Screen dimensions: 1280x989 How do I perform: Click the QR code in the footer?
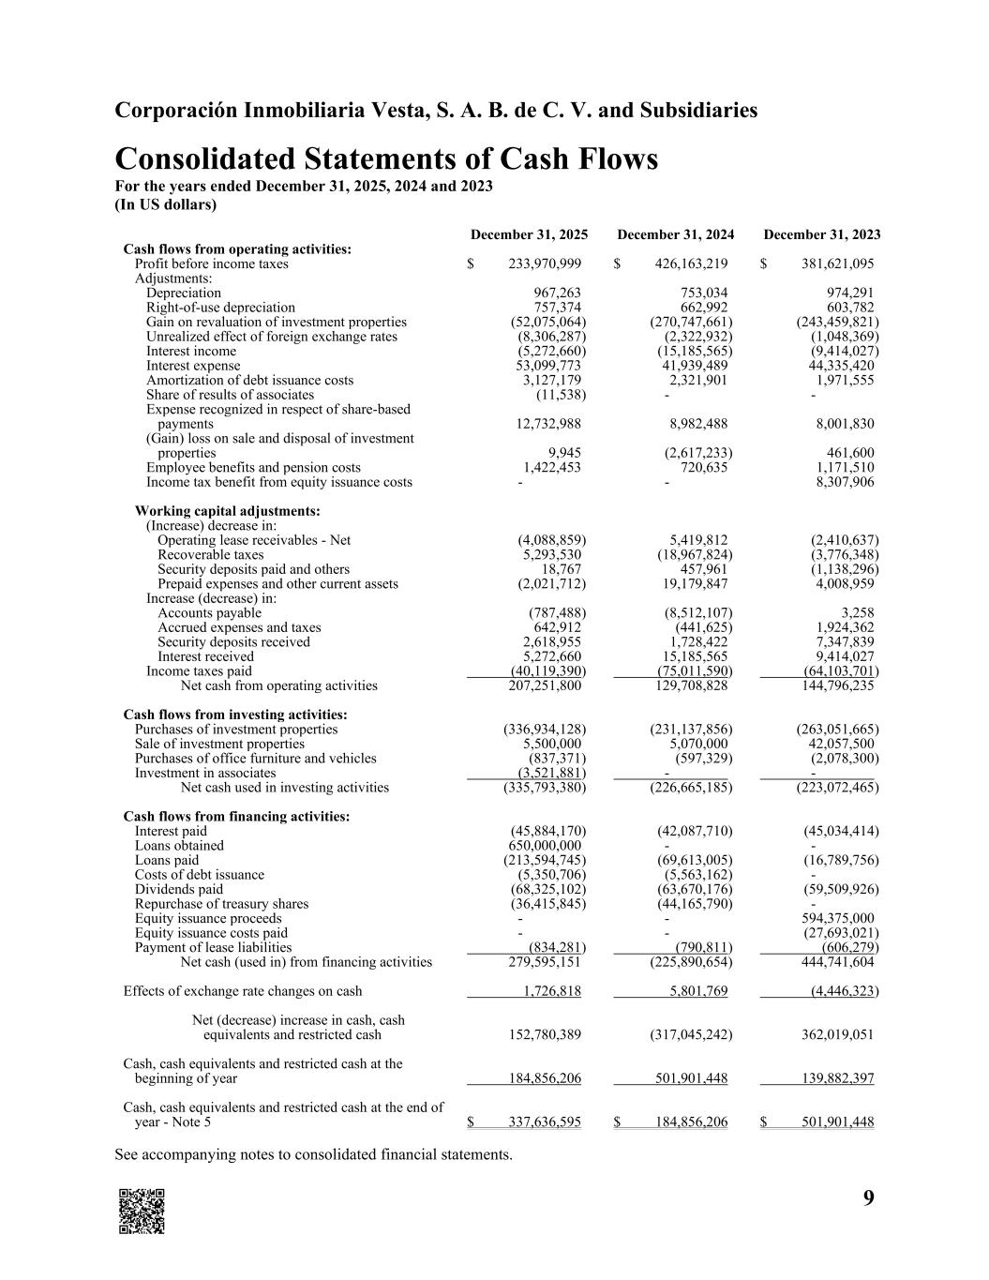(x=142, y=1211)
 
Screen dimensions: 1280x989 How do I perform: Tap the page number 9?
(x=869, y=1197)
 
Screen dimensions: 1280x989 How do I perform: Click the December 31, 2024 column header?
(x=675, y=234)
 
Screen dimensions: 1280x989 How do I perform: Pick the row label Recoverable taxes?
(x=210, y=555)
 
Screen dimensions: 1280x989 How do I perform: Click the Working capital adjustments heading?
(x=227, y=511)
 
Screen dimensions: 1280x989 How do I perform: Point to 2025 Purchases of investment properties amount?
(x=545, y=730)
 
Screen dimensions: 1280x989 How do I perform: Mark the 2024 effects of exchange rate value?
(x=692, y=991)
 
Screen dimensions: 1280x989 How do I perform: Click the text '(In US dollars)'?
(x=165, y=203)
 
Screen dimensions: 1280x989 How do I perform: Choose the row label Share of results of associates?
(x=230, y=395)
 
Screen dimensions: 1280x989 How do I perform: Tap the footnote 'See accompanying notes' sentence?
(x=313, y=1154)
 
